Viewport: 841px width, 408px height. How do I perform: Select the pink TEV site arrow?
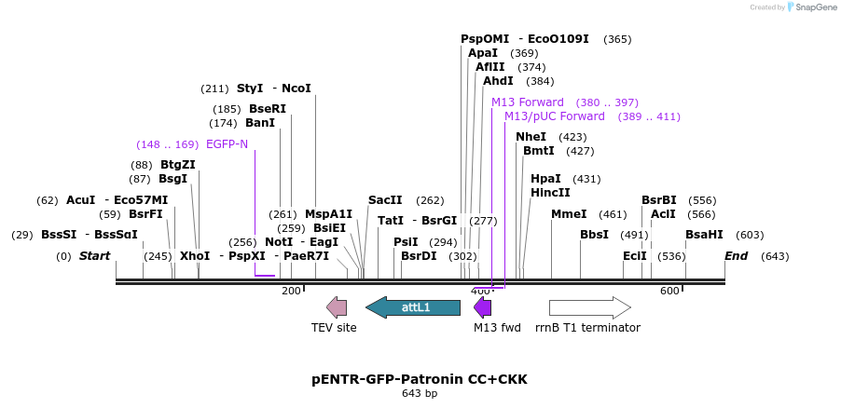(337, 307)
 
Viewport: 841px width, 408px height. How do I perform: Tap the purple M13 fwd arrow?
(482, 307)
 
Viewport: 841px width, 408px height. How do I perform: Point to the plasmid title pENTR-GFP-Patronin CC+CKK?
(419, 380)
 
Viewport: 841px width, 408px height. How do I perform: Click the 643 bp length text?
(419, 394)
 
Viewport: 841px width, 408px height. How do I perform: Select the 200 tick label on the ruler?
(291, 292)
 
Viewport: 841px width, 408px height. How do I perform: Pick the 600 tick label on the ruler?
(669, 292)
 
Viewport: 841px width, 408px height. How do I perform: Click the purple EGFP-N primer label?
(227, 144)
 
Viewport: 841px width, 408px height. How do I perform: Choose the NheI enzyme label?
(531, 137)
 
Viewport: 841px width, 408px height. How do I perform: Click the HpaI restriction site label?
(545, 179)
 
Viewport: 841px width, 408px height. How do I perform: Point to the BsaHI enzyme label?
(704, 235)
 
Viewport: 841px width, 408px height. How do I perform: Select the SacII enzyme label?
(385, 200)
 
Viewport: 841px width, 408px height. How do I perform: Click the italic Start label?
(94, 256)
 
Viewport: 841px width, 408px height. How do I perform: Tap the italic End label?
(736, 256)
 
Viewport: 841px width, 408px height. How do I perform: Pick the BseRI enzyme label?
(268, 109)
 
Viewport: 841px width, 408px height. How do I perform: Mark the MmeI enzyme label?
(569, 214)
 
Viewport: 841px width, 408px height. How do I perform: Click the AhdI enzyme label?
(498, 81)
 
